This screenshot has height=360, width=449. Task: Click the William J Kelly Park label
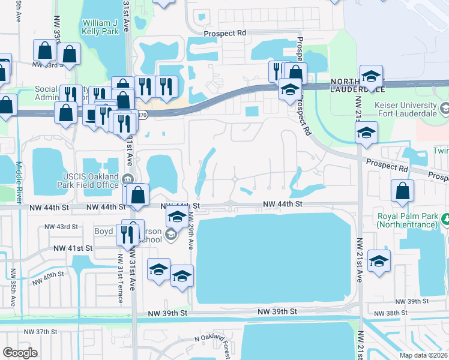pos(101,27)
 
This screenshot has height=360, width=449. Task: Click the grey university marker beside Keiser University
pos(445,110)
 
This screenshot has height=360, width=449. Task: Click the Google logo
pos(20,353)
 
